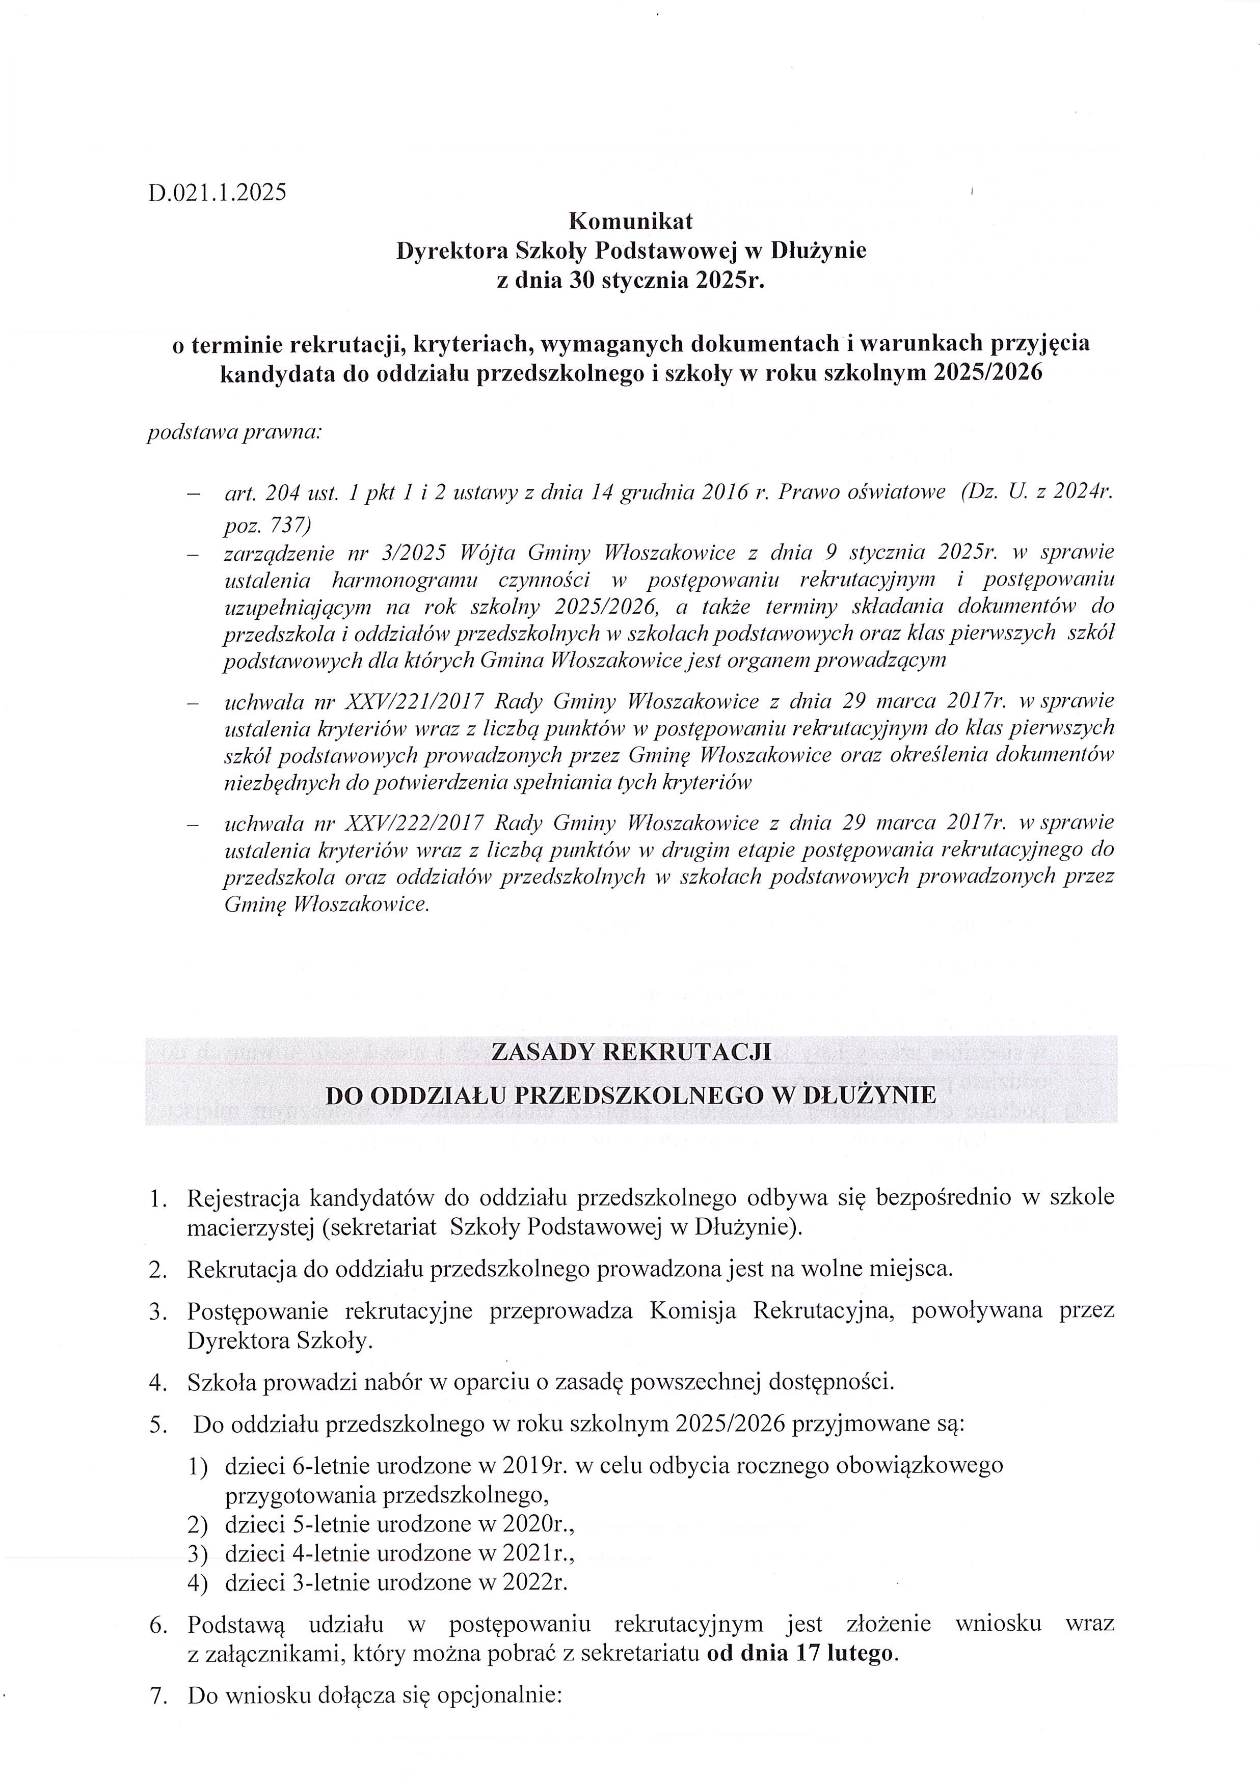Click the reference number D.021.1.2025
point(217,191)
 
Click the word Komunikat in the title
point(631,221)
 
